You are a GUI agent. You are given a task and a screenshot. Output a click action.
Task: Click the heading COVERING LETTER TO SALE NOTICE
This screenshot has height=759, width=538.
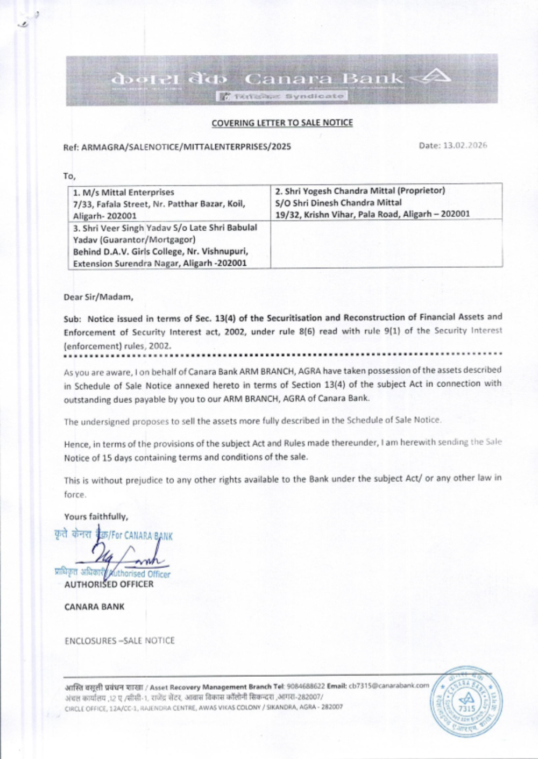282,123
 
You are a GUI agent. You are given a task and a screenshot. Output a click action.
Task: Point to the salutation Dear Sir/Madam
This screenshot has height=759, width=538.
98,297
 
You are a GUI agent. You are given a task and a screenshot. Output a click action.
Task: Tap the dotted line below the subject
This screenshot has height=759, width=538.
282,354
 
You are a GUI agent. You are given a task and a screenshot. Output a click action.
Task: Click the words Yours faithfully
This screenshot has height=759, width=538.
96,517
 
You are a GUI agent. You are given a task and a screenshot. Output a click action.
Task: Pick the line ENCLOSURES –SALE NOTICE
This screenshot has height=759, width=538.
119,641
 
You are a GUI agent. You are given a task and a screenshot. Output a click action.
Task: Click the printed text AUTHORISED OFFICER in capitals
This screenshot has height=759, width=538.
109,584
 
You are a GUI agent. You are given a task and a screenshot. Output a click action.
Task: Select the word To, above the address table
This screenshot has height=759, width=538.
69,176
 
